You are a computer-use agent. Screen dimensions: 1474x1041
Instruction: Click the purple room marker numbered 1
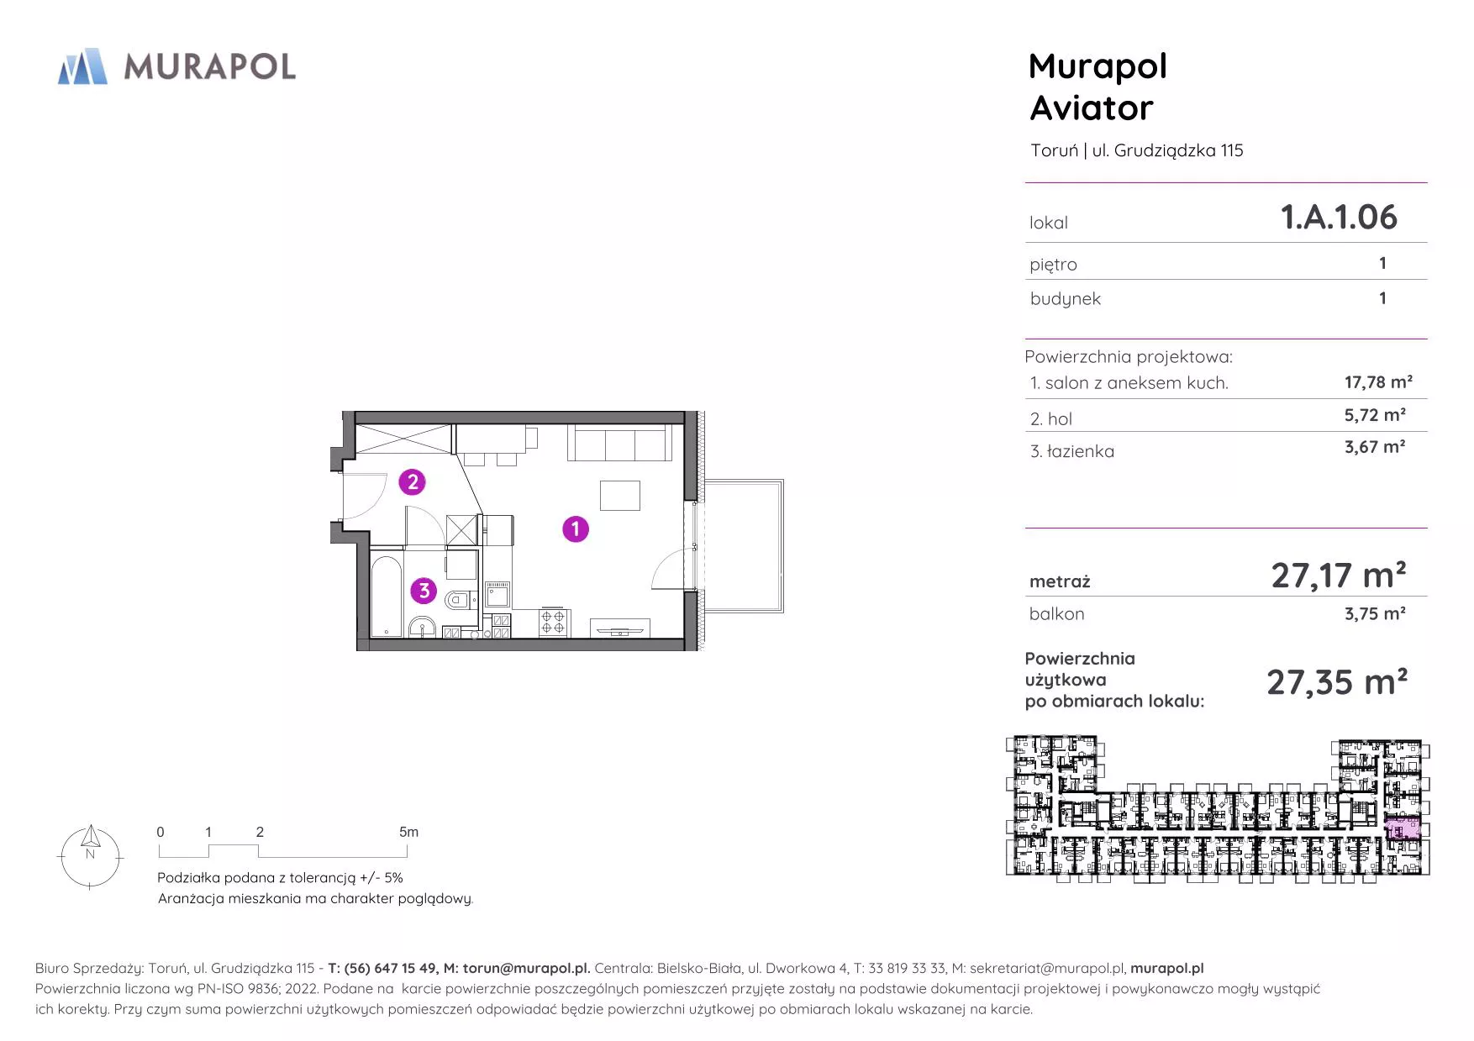click(576, 529)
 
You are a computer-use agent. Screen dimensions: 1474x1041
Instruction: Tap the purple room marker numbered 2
click(412, 482)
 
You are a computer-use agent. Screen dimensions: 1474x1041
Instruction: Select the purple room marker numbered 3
click(424, 591)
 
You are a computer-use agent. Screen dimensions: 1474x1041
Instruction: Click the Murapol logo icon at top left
click(82, 66)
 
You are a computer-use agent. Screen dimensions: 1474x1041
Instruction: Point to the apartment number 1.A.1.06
click(1339, 217)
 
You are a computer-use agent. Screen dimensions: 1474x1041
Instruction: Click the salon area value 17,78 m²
click(1378, 382)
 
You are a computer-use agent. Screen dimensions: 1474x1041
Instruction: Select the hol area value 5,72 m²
click(1375, 415)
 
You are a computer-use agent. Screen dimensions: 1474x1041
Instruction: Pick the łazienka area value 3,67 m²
click(1375, 447)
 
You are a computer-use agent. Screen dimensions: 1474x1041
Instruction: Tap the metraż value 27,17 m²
click(1339, 576)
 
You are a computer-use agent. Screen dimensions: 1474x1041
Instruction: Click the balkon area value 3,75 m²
click(1375, 613)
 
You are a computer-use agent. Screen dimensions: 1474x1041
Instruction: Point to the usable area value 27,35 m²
click(1337, 682)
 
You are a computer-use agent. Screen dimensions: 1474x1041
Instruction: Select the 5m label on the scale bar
click(408, 832)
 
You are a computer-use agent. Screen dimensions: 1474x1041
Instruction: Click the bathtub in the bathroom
click(387, 595)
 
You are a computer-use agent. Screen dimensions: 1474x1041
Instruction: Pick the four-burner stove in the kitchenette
click(553, 622)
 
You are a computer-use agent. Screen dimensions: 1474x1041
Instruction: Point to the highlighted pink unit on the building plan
click(1402, 828)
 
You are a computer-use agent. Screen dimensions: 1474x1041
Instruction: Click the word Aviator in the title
click(1092, 108)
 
